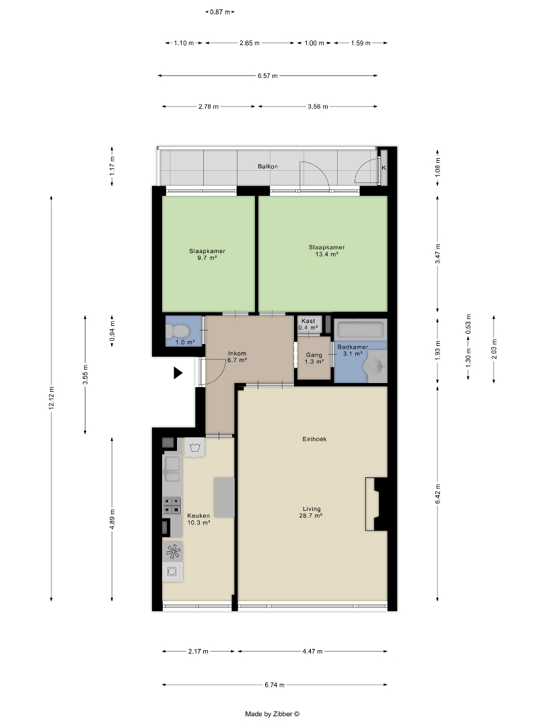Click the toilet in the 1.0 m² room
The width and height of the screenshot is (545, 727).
[178, 331]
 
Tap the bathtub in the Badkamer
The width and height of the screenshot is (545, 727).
[361, 330]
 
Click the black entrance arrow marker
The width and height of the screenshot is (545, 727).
[178, 373]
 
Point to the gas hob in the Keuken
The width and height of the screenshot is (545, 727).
[172, 506]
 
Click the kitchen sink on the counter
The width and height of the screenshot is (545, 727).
[172, 469]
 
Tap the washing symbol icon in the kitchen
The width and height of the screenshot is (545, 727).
[194, 448]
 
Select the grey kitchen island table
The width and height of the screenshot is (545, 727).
[224, 497]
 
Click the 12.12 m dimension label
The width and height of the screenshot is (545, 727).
[51, 398]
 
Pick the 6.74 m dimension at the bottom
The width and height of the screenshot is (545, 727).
[275, 685]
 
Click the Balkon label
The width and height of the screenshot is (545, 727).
[268, 166]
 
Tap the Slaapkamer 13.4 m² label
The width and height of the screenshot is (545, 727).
[327, 250]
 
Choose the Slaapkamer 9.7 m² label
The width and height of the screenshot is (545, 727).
[207, 254]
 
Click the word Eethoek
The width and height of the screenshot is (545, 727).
[315, 439]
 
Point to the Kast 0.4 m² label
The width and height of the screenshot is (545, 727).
[308, 324]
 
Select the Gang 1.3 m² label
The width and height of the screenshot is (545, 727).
[314, 358]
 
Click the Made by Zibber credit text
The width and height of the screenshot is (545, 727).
[272, 714]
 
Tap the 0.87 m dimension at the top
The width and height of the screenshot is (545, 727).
[220, 12]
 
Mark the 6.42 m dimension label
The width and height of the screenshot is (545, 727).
[438, 494]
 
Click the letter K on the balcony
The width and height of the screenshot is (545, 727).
[384, 168]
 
